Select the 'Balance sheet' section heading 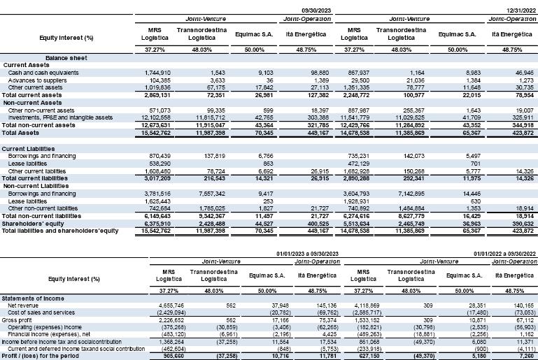tap(66, 58)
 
